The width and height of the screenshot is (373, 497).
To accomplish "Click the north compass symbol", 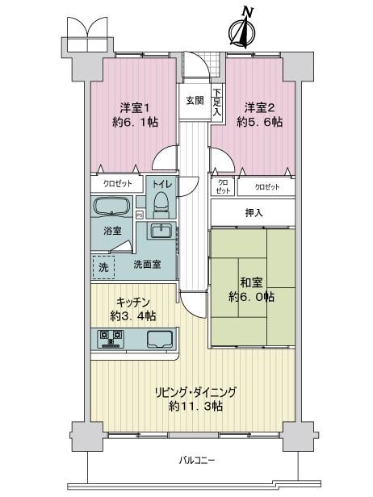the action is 243,29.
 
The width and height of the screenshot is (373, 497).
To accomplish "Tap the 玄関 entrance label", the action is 195,101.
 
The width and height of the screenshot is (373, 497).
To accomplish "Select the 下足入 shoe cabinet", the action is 217,102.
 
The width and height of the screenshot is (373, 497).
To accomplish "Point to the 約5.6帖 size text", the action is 259,122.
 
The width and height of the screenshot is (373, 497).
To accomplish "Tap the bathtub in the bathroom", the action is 111,207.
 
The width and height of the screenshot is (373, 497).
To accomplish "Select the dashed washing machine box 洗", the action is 103,267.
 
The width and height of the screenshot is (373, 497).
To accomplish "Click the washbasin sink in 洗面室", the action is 161,232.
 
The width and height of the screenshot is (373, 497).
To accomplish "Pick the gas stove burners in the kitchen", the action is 111,338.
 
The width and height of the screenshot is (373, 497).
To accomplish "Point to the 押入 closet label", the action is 254,213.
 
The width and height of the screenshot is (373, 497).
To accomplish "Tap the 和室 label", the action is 251,282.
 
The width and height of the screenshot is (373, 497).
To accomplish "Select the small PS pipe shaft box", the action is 139,215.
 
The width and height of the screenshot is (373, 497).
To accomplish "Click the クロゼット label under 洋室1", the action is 118,184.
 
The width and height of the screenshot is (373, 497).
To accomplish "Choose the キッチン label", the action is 132,303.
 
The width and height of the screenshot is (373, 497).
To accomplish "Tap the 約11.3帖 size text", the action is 195,406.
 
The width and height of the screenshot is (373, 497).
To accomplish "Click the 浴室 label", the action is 112,231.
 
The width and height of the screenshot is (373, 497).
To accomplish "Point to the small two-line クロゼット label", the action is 223,187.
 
